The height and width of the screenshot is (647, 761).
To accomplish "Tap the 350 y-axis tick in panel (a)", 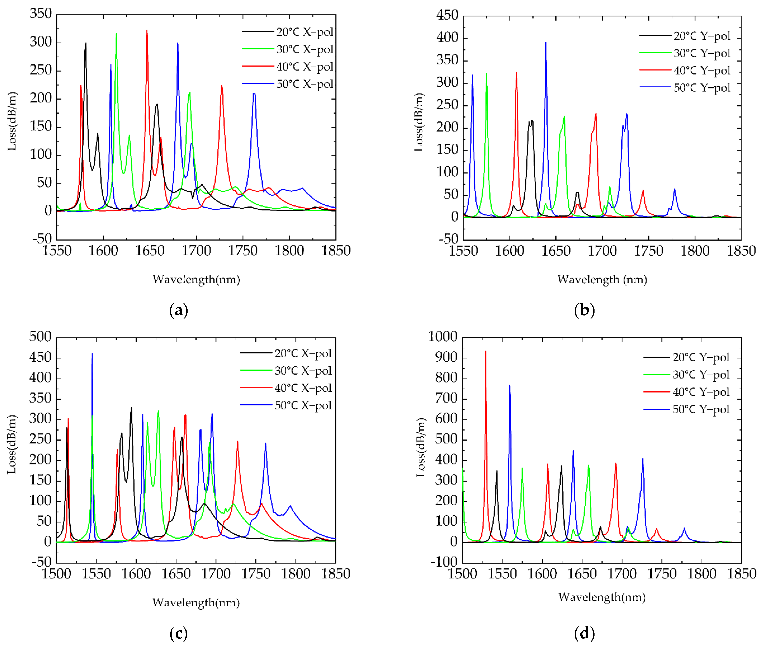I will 41,14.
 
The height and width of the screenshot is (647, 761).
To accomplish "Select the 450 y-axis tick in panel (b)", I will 447,15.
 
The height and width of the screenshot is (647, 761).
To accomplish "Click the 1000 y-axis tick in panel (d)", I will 443,336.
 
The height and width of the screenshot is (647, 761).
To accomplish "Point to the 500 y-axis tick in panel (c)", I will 41,336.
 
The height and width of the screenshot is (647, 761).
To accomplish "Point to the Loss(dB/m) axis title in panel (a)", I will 12,121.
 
